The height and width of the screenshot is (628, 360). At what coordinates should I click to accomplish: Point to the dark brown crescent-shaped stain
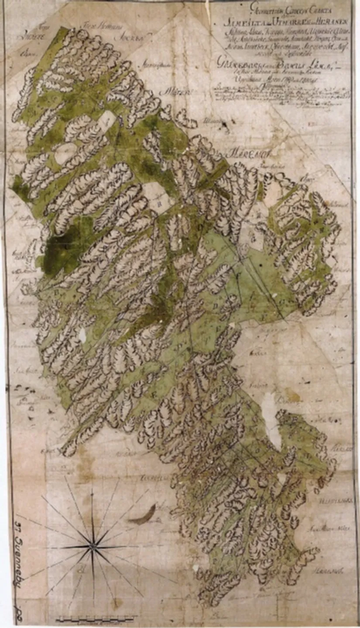click(x=143, y=516)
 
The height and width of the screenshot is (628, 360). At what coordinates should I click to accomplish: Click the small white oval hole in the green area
click(x=82, y=336)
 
